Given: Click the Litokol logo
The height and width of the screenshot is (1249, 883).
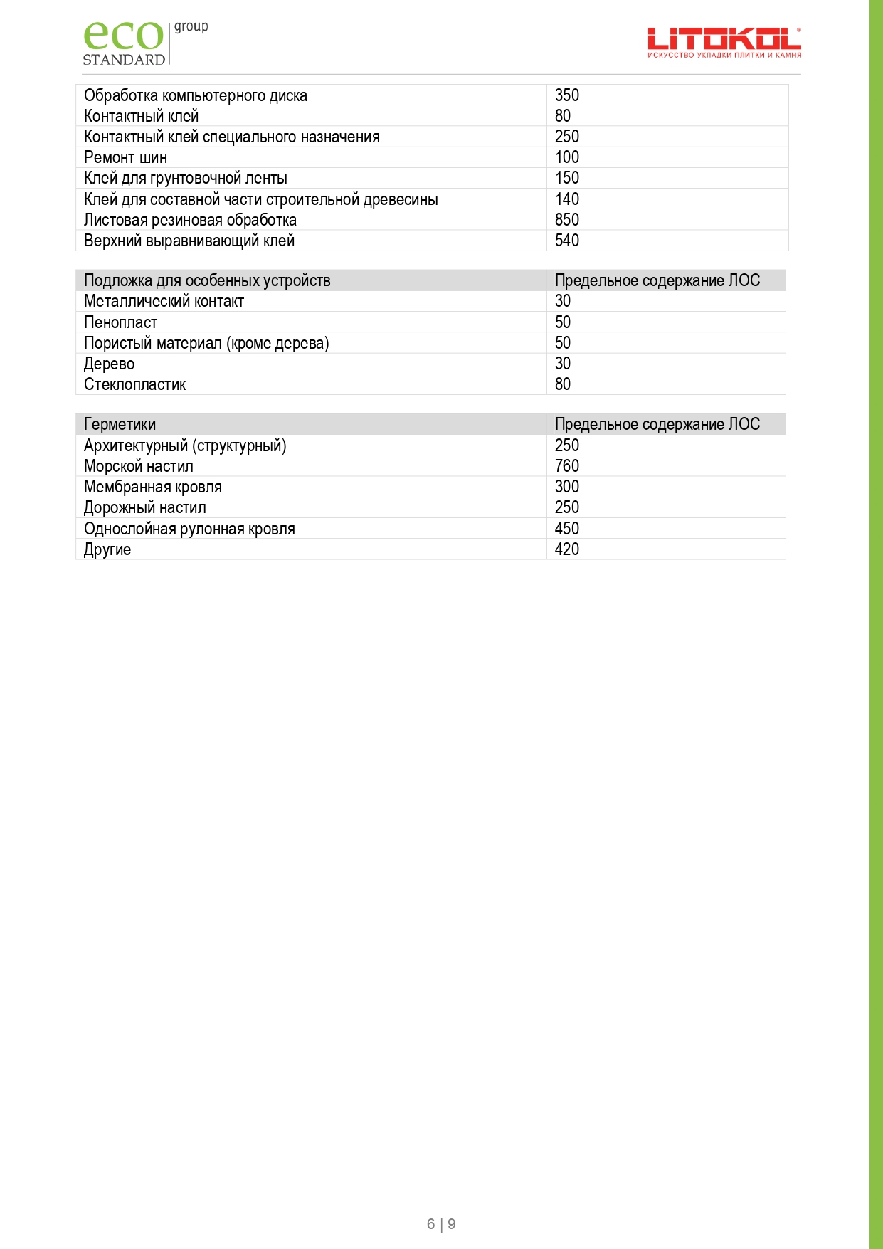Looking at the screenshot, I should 724,43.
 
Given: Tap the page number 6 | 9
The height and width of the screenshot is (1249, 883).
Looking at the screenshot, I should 441,1224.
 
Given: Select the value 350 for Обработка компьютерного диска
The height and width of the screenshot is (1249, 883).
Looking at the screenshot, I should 567,95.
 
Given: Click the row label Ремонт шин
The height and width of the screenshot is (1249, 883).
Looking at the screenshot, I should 125,157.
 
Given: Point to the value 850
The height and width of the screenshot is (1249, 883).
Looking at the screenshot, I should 567,220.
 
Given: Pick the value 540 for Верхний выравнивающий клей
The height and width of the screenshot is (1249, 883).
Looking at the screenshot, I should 567,241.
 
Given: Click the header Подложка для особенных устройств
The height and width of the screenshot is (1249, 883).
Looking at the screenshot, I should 207,280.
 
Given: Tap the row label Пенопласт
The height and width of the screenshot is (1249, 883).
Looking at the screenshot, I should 120,322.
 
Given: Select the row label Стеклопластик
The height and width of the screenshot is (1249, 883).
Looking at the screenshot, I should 134,384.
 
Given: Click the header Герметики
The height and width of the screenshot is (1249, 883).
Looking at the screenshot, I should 120,424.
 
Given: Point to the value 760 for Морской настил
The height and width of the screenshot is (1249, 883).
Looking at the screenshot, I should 567,466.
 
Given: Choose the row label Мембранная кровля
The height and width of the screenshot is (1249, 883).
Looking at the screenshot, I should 153,487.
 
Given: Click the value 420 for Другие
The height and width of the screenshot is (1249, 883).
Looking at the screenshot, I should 567,549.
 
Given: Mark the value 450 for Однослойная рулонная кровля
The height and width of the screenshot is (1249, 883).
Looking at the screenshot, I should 567,529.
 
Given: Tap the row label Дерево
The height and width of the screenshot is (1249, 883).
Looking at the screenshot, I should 109,364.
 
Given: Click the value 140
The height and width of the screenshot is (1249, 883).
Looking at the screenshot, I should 567,199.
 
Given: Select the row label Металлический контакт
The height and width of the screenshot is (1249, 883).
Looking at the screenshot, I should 164,301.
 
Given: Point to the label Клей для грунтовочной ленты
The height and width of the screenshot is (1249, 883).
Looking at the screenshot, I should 186,178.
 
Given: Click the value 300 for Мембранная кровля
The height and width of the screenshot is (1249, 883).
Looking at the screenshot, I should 567,487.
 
